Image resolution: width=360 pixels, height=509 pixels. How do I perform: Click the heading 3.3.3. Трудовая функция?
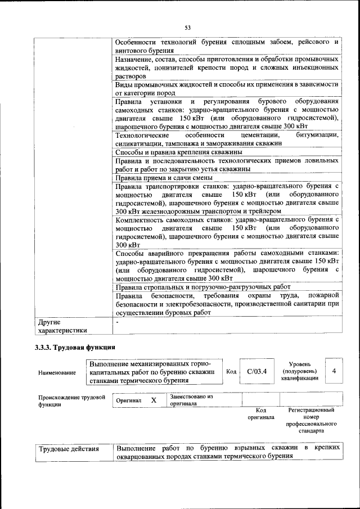75,348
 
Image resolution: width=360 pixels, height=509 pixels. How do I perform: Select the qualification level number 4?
334,371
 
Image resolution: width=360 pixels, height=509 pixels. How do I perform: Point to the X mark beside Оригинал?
153,400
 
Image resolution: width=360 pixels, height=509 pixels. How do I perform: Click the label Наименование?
57,372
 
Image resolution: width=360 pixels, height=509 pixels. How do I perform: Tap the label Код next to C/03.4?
231,372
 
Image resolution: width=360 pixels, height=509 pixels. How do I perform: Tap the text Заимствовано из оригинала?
191,400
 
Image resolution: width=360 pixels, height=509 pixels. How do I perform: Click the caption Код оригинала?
260,414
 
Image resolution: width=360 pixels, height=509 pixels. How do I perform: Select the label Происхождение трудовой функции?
72,400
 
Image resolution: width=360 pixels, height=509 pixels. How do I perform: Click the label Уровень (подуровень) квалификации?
299,371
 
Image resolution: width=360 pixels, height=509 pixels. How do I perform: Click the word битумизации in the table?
312,135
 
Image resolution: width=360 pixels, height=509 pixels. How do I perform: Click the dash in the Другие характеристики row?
116,323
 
